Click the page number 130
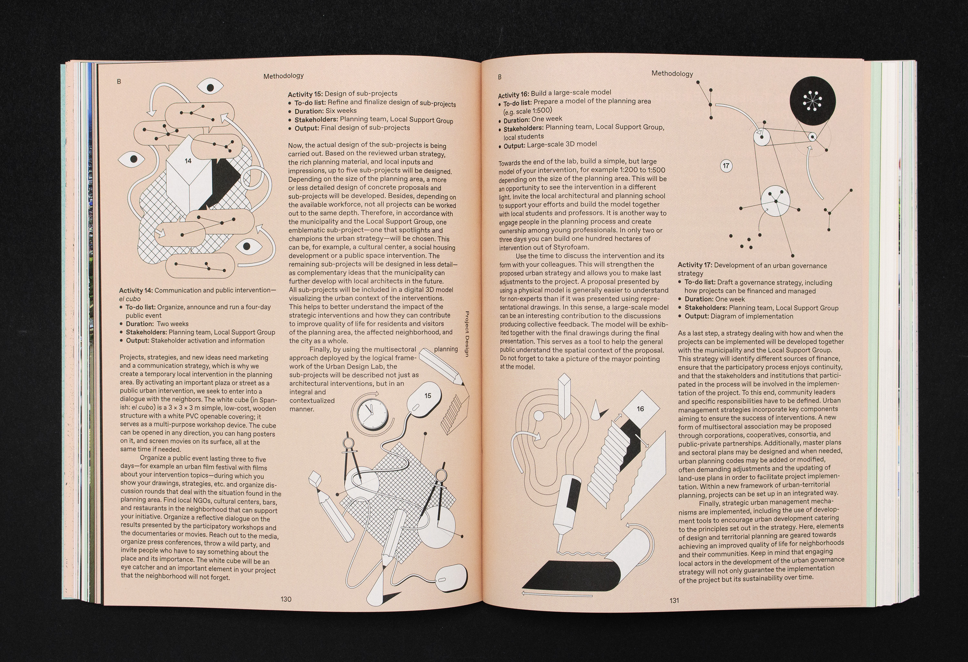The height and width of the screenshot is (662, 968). (286, 599)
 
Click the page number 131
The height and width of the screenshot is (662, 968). (674, 600)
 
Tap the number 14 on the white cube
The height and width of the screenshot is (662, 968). (188, 161)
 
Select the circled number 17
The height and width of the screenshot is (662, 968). (726, 166)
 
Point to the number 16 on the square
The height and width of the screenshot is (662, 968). (640, 409)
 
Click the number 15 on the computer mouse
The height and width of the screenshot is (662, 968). (428, 396)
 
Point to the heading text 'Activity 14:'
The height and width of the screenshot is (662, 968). (136, 290)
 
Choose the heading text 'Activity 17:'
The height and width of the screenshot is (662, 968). (695, 265)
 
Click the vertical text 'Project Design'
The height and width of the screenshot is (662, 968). (467, 334)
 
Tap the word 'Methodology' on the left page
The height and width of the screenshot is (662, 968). (284, 76)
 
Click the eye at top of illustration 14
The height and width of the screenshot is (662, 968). (211, 87)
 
